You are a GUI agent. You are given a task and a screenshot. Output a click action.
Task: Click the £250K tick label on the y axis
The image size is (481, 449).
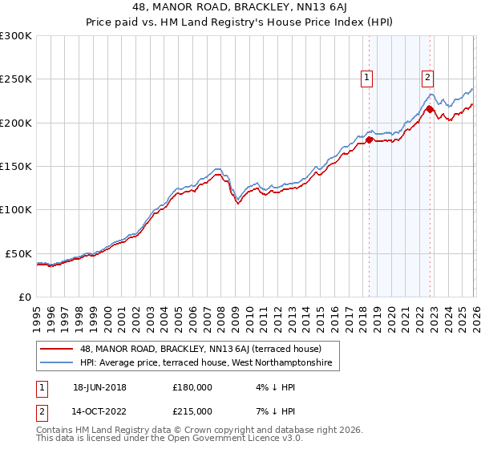click(15, 79)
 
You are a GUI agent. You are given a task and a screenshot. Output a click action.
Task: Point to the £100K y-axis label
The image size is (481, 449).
click(15, 209)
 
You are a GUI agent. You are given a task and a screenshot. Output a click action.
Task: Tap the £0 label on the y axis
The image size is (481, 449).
click(24, 297)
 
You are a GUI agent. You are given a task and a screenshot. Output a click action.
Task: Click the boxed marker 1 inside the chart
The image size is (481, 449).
click(367, 78)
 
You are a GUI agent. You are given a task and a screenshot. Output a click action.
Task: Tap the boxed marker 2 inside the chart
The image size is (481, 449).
click(428, 78)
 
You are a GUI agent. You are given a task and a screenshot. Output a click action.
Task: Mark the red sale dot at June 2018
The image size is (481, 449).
click(369, 140)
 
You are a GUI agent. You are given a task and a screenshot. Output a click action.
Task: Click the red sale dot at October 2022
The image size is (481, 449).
click(430, 109)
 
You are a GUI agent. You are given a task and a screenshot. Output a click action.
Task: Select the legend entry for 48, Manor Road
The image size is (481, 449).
click(201, 349)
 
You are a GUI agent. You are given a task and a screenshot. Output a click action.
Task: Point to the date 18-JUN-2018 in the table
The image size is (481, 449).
click(97, 387)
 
